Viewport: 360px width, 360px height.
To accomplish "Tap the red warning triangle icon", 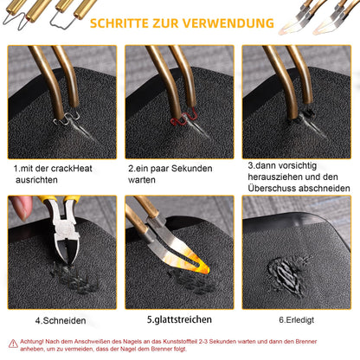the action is [13, 344].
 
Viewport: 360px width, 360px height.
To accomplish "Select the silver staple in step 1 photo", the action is [67, 119].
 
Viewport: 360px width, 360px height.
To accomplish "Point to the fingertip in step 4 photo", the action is [21, 207].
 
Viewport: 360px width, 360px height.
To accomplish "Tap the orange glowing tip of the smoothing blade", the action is [200, 266].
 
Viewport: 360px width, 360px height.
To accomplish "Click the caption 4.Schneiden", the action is [61, 320].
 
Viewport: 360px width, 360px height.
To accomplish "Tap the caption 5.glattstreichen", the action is [179, 319].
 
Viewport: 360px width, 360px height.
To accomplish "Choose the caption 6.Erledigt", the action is [297, 320].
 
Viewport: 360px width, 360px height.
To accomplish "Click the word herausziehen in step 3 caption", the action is [274, 177].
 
